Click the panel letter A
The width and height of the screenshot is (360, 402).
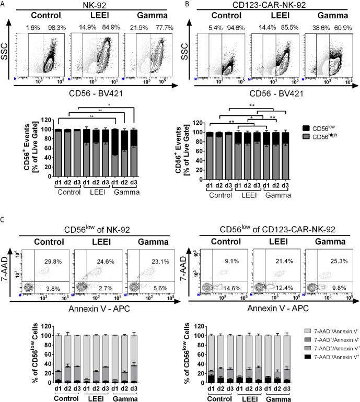coord(4,4)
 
